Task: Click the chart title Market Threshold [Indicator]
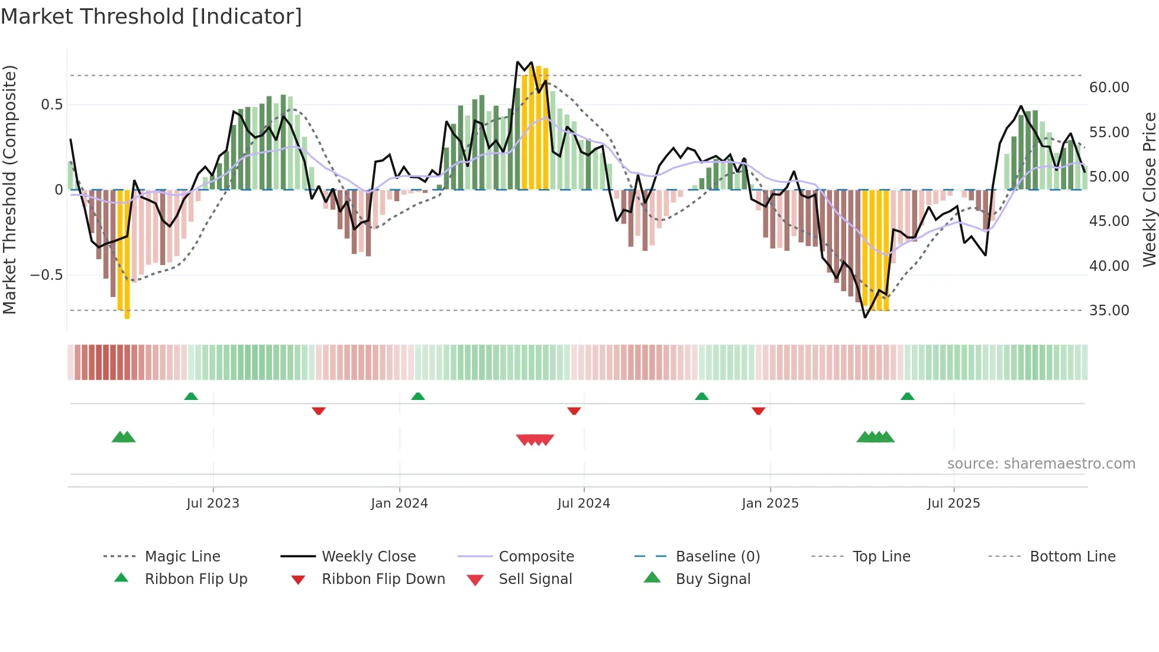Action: coord(151,17)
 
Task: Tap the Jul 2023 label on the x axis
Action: coord(213,503)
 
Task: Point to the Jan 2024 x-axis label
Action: coord(399,503)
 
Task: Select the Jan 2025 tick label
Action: coord(770,503)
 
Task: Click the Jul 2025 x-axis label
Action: coord(953,503)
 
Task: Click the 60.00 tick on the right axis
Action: coord(1109,88)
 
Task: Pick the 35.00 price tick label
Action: coord(1109,311)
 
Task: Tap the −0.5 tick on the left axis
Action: coord(46,275)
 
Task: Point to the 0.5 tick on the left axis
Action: coord(51,105)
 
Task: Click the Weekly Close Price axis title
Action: coord(1149,189)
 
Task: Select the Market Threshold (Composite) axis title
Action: coord(9,189)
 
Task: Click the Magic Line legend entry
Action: coord(182,557)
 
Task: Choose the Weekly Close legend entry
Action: coord(368,557)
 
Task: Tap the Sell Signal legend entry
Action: coord(535,579)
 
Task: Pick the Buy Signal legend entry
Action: coord(713,579)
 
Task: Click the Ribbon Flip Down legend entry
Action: coord(383,579)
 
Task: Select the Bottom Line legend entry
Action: coord(1072,557)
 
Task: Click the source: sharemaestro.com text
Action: coord(1041,464)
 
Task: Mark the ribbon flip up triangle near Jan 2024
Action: coord(418,396)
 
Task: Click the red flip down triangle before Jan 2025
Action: coord(759,411)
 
